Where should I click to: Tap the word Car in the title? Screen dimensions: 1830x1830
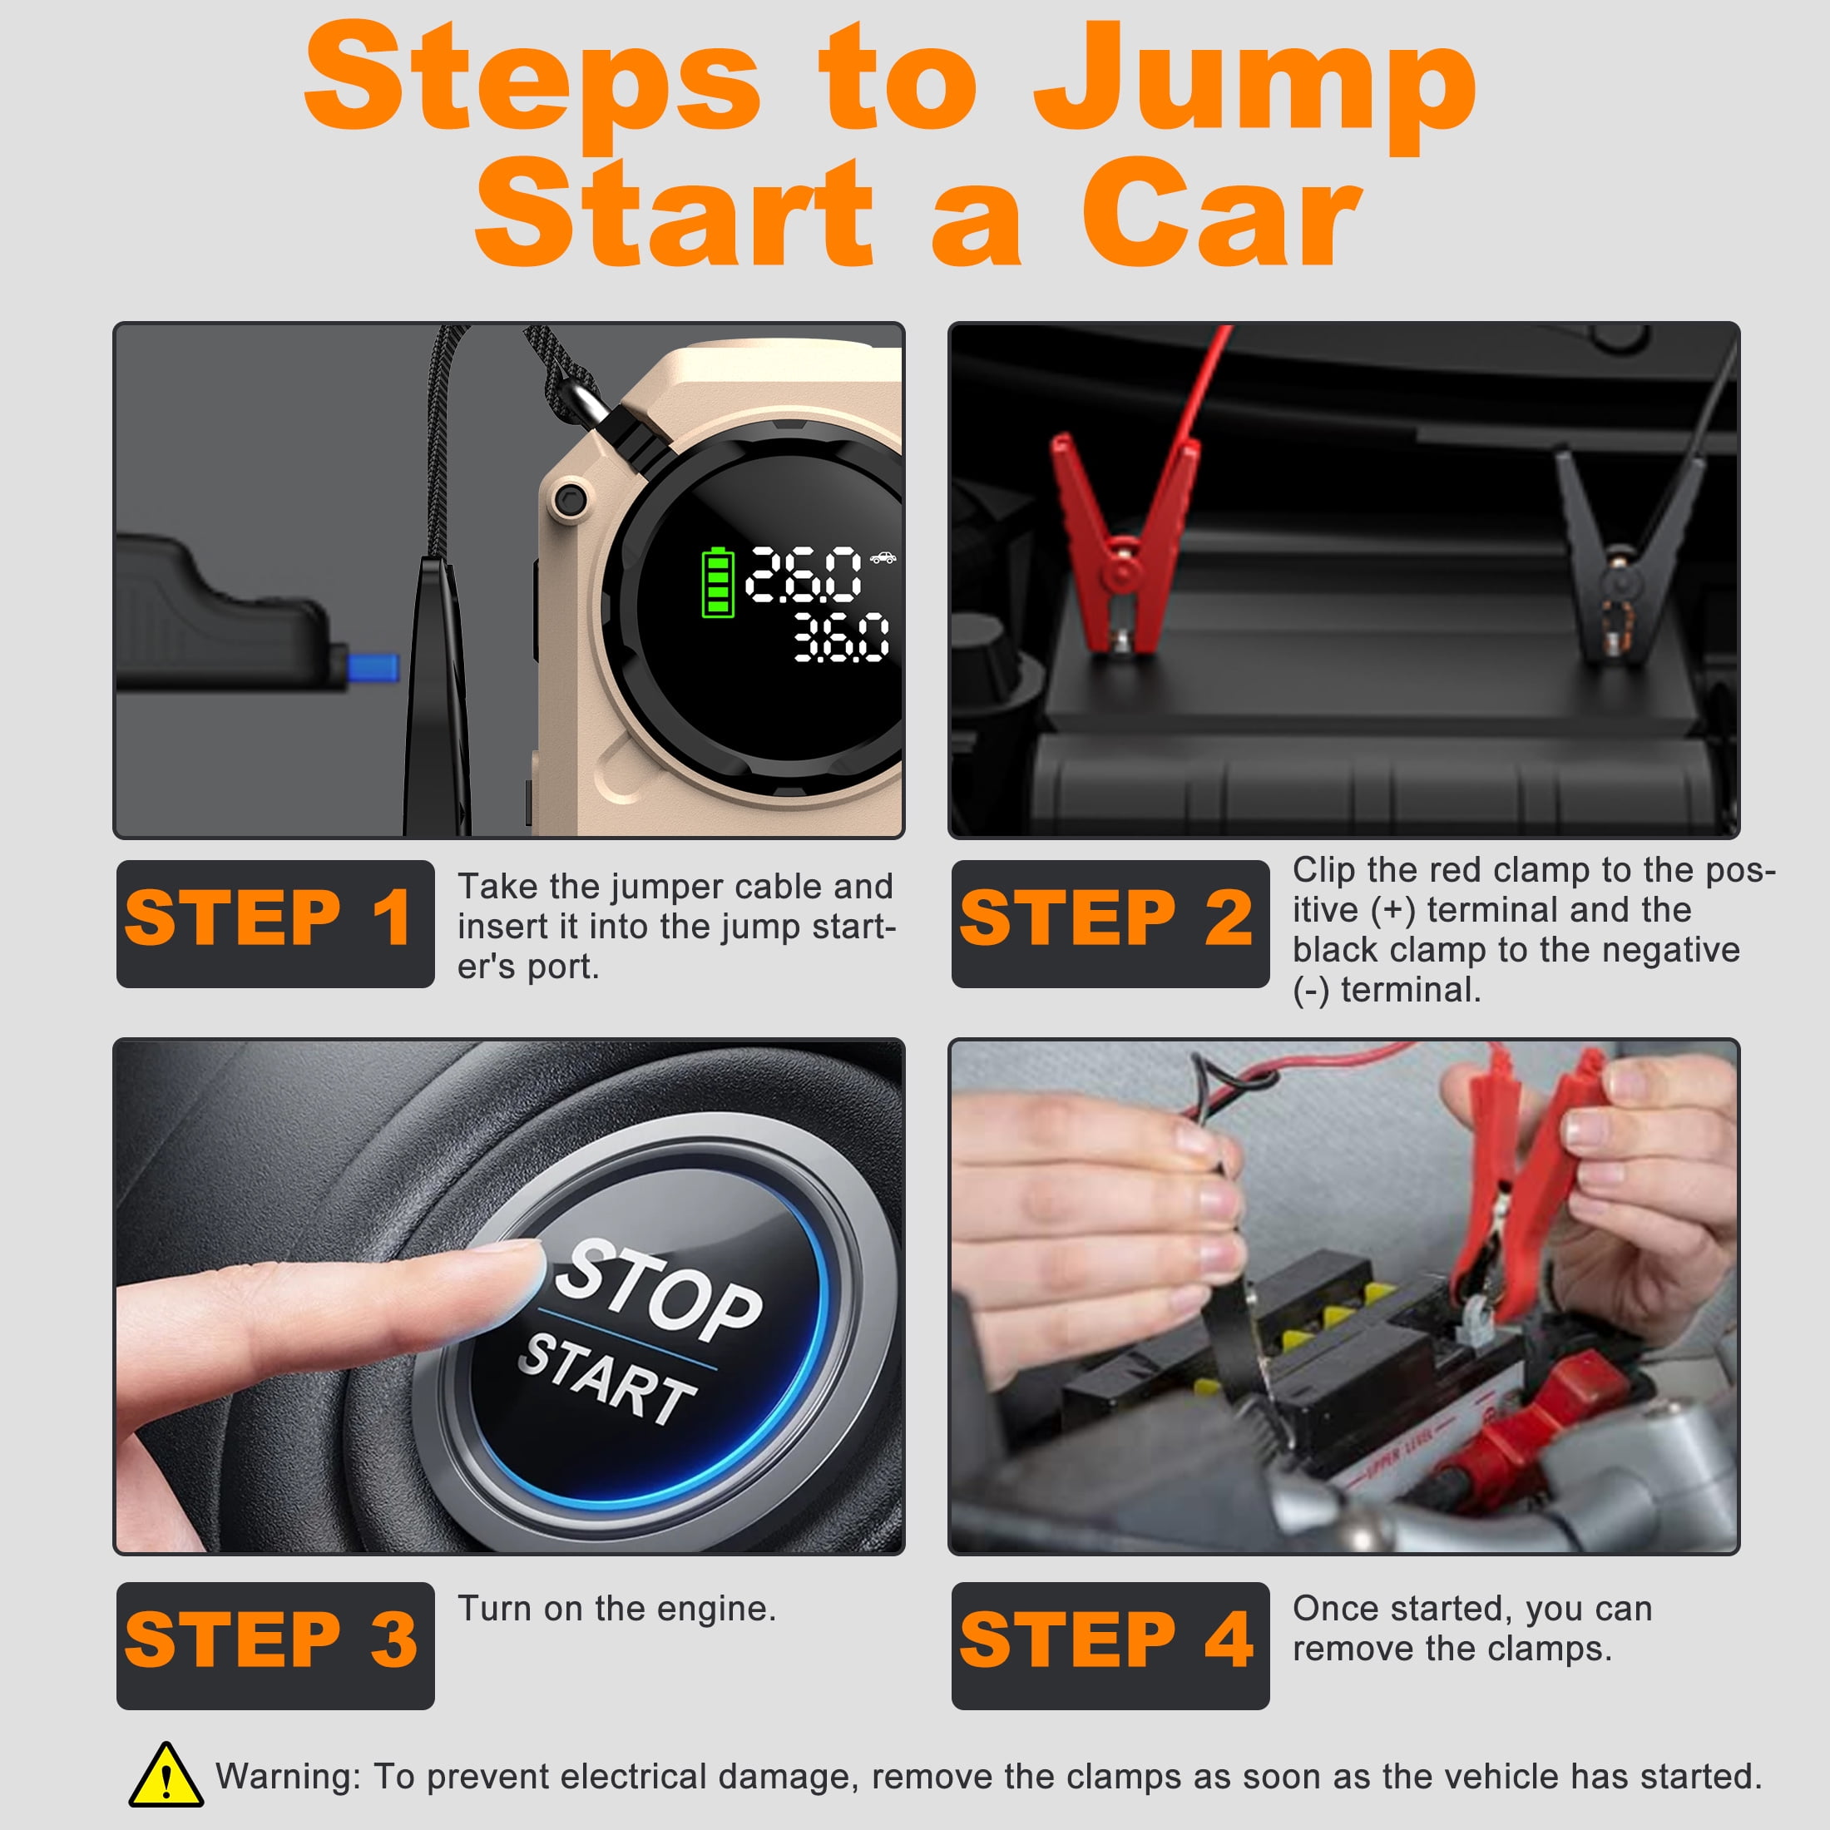[x=1222, y=214]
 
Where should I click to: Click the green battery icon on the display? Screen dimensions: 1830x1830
[x=717, y=581]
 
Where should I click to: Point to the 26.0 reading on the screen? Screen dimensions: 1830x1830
[x=804, y=575]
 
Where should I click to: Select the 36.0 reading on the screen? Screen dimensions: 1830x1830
[x=841, y=636]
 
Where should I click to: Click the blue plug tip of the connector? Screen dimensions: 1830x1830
[x=373, y=666]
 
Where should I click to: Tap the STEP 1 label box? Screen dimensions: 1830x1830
[x=275, y=923]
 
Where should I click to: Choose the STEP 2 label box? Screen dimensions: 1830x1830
[x=1110, y=923]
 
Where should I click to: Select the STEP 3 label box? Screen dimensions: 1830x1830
[x=275, y=1645]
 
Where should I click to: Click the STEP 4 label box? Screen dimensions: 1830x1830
[x=1110, y=1645]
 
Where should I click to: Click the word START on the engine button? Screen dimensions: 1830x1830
[x=607, y=1377]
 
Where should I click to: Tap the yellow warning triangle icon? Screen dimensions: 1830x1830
[x=166, y=1774]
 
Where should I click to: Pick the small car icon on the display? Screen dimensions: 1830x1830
[x=883, y=558]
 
